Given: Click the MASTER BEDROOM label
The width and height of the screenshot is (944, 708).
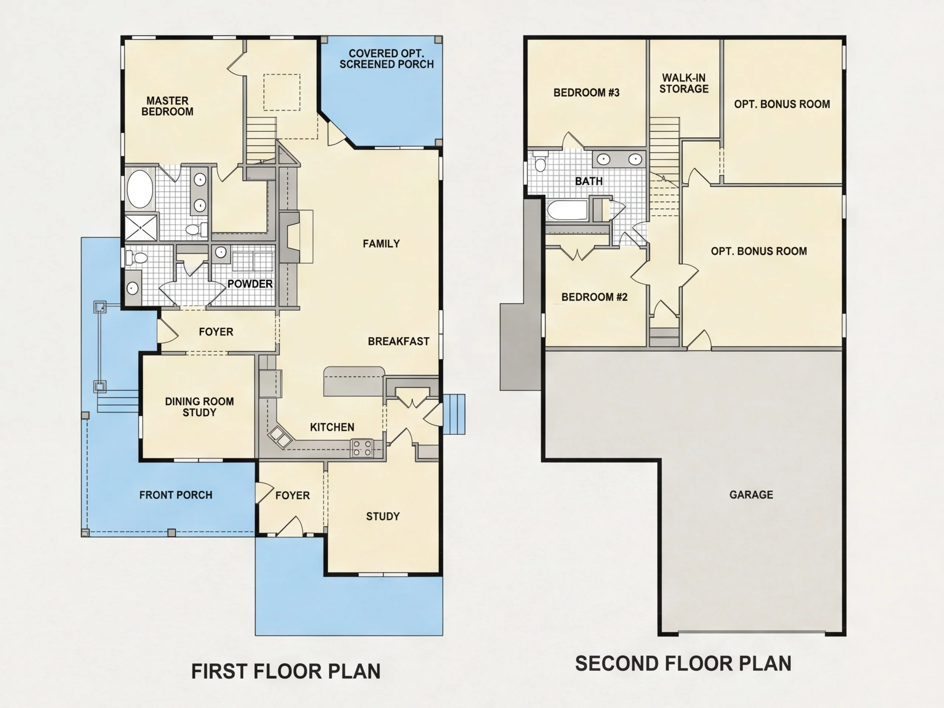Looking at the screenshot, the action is (167, 106).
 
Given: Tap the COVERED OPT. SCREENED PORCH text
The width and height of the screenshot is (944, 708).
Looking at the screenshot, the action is (387, 59).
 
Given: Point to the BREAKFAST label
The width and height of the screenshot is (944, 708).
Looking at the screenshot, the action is (399, 341).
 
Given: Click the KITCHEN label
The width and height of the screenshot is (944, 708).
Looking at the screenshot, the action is (332, 427).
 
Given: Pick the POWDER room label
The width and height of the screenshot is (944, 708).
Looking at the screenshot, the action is (250, 284).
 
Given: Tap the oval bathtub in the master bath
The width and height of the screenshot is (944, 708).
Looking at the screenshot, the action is (140, 189).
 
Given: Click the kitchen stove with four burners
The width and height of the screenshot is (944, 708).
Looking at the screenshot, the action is (362, 448).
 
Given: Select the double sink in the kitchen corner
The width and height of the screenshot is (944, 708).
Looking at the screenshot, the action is (280, 437).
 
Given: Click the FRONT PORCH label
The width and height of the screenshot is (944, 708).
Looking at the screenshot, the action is (176, 495).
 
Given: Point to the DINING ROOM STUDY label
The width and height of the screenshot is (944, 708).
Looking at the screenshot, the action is (199, 407).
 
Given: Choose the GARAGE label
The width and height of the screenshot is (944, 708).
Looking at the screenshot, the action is (751, 494).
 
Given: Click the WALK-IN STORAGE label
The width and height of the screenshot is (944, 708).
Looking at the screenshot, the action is (684, 83).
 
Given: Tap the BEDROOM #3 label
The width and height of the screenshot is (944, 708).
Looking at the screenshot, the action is (586, 93).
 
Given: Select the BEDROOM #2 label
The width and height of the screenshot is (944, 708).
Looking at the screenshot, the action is (594, 297).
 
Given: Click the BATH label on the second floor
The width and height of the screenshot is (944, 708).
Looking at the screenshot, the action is (589, 181).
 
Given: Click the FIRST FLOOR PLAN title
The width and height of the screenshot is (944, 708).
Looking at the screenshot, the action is (286, 671).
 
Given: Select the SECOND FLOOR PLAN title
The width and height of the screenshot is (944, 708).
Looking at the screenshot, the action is (683, 664).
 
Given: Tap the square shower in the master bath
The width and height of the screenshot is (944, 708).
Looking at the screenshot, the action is (141, 228).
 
